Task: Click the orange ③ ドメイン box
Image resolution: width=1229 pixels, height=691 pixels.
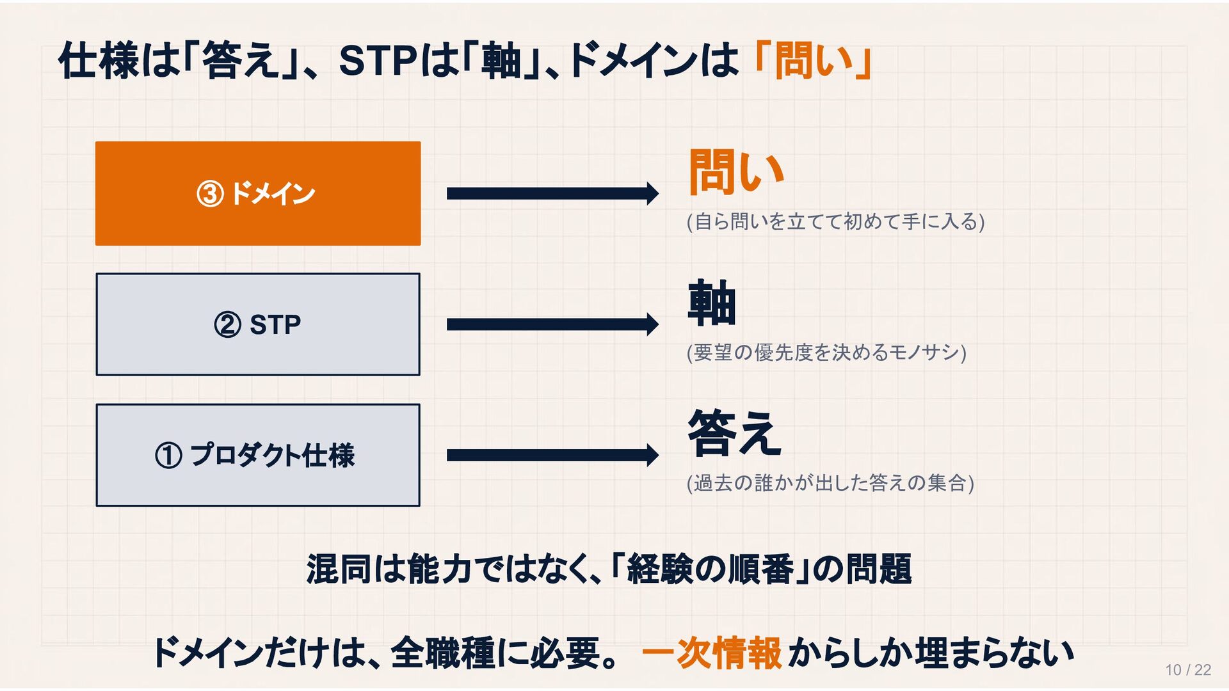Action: [258, 193]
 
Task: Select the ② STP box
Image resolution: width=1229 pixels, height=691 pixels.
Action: [258, 324]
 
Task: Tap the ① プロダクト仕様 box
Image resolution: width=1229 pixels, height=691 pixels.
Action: [258, 455]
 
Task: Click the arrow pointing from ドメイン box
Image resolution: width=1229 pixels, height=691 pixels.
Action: [552, 193]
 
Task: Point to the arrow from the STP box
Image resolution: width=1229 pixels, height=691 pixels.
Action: [552, 324]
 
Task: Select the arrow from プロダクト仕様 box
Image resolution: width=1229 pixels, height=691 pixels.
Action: [552, 455]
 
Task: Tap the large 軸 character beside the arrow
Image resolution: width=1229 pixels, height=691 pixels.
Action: [712, 303]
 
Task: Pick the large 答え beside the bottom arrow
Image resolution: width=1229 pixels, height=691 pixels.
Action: [734, 433]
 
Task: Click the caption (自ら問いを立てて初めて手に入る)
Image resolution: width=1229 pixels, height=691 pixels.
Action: [835, 221]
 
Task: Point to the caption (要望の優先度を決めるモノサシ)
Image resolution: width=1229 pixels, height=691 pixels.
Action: [826, 353]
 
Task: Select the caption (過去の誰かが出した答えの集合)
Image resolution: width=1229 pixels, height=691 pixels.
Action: [830, 482]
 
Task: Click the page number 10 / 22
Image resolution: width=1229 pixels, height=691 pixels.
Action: [1188, 670]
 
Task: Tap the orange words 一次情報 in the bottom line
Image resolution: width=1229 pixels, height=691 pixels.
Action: [711, 653]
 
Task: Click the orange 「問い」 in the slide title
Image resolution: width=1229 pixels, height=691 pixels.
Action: [812, 61]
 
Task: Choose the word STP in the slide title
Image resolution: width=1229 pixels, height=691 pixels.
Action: [378, 61]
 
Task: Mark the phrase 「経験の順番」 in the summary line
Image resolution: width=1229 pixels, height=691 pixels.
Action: [711, 569]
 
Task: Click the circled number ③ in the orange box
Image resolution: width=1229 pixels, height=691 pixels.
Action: [210, 194]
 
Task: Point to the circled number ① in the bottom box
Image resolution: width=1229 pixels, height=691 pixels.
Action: [168, 456]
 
